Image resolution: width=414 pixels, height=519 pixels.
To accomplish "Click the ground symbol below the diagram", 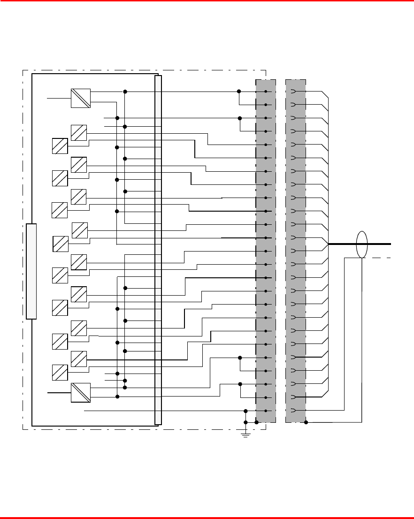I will [x=245, y=435].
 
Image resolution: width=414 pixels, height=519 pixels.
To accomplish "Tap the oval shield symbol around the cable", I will [x=361, y=244].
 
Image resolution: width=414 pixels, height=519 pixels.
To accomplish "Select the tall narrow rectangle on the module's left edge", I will [x=31, y=271].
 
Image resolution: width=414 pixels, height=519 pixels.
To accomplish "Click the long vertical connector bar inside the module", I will [x=158, y=250].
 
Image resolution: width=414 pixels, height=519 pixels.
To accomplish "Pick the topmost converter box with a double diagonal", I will [x=80, y=98].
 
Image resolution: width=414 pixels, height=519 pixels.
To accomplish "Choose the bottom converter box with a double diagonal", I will [x=80, y=392].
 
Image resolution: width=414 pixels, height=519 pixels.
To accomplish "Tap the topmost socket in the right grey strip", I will [x=294, y=92].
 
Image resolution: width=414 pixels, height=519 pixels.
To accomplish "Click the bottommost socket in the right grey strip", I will [x=294, y=411].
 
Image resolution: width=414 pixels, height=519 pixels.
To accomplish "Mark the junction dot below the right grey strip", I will [x=306, y=422].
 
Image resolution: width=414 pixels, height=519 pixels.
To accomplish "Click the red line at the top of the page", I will [x=207, y=1].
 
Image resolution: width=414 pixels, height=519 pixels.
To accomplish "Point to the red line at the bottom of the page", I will [x=207, y=517].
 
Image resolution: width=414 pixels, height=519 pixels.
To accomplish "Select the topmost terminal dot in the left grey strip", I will [x=266, y=92].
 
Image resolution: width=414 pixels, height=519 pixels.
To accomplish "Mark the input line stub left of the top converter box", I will [x=59, y=98].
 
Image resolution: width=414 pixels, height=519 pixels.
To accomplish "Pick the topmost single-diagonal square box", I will [x=78, y=133].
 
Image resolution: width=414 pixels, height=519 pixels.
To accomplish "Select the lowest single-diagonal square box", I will [x=60, y=373].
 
